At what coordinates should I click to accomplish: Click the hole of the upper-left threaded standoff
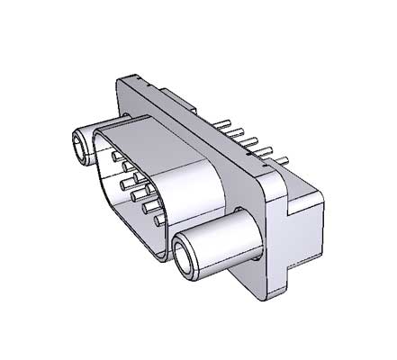(x=80, y=145)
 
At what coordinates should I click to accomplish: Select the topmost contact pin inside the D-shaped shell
(x=117, y=156)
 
